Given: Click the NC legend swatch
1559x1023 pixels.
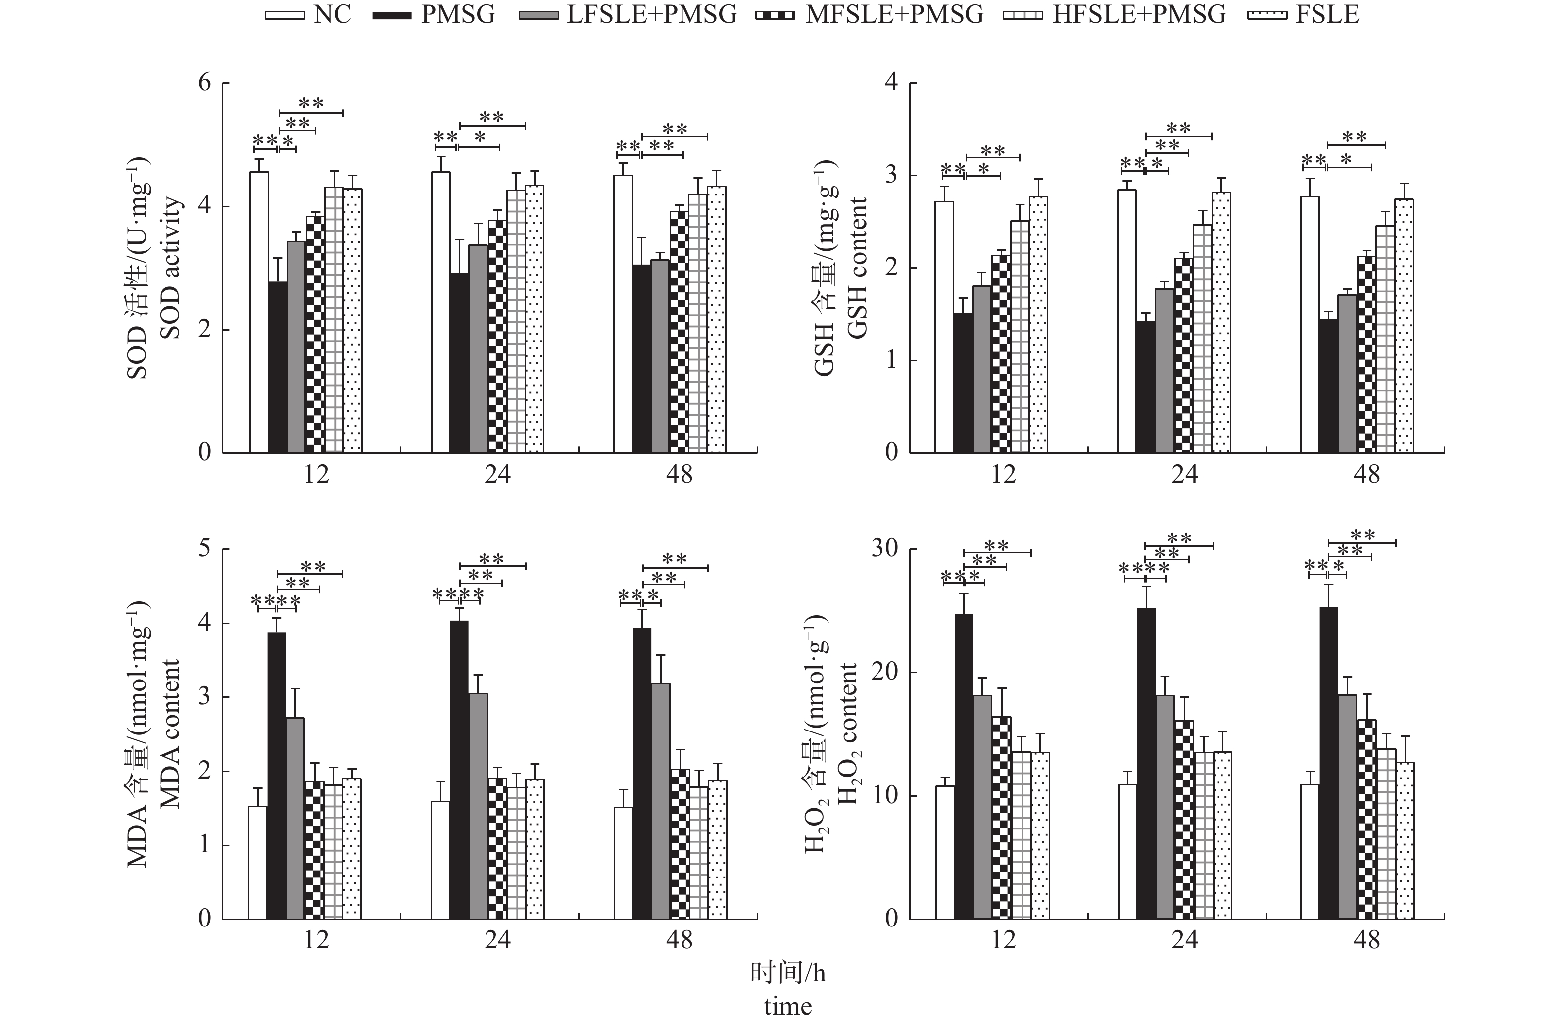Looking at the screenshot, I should pos(284,15).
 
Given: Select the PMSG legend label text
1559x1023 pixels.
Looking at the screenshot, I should pos(458,15).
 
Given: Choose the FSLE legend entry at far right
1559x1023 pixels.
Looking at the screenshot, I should pos(1326,15).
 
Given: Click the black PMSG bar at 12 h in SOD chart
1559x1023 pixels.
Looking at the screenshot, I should pos(278,367).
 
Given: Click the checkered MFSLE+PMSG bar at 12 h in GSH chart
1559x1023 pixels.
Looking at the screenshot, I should pos(1000,354).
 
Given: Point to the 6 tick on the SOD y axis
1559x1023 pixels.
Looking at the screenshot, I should pos(205,83).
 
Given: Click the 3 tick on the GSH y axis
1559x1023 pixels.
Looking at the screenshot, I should pos(891,176).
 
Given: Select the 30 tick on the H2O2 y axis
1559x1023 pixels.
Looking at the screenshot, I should pos(884,549).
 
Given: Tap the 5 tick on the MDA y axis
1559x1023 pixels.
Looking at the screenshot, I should pos(205,549).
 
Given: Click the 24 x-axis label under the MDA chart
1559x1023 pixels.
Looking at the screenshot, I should pos(498,940).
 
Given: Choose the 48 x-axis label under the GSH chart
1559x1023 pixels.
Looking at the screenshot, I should pos(1366,474).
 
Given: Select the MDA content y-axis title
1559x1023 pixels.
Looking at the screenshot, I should pos(170,733).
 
